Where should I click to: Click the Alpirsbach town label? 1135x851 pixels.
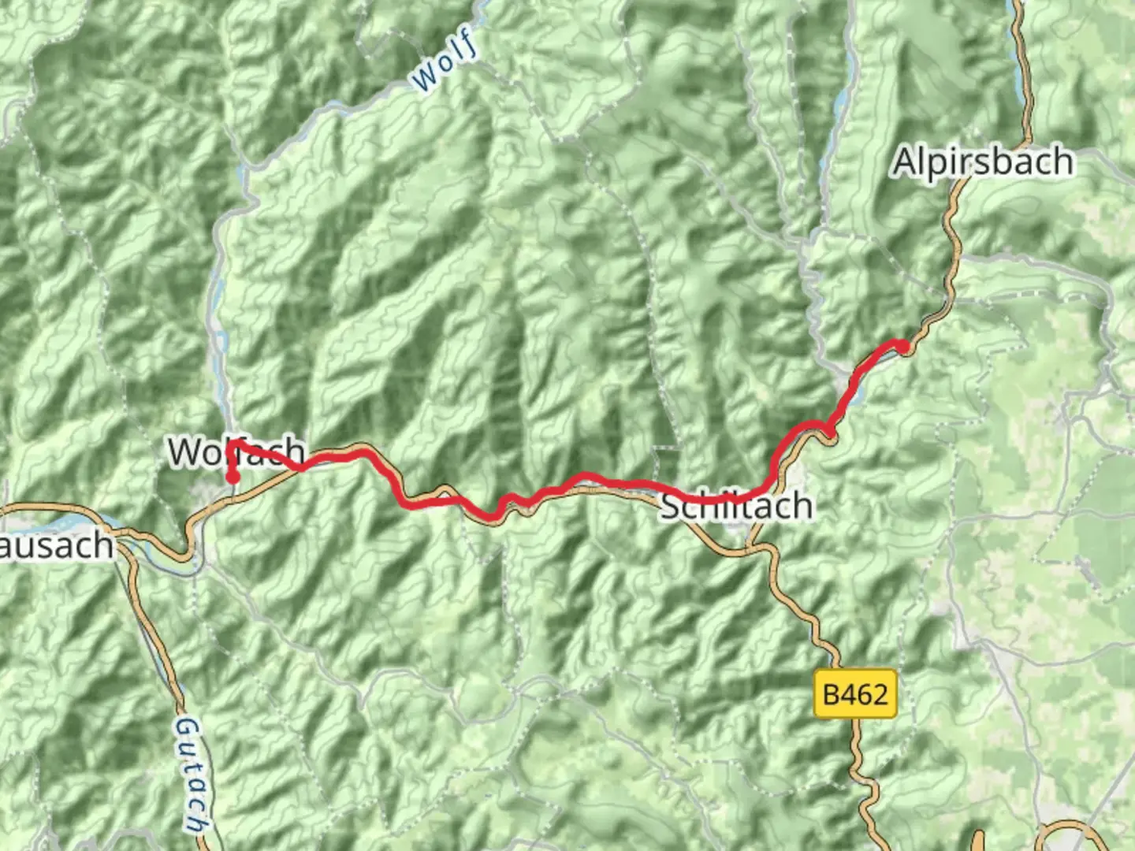pyautogui.click(x=982, y=162)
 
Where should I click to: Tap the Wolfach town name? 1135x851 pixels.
pyautogui.click(x=236, y=452)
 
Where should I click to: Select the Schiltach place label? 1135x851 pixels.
pyautogui.click(x=736, y=505)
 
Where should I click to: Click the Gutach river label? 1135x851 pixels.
pyautogui.click(x=190, y=774)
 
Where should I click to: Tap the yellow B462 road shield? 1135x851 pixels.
pyautogui.click(x=855, y=694)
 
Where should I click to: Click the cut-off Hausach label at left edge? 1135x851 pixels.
pyautogui.click(x=55, y=545)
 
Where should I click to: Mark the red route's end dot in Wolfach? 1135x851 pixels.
pyautogui.click(x=233, y=477)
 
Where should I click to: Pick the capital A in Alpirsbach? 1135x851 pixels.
pyautogui.click(x=904, y=162)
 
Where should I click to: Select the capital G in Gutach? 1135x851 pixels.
pyautogui.click(x=186, y=727)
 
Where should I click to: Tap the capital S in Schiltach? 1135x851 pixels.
pyautogui.click(x=671, y=505)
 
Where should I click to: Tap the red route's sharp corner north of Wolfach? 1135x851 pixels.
pyautogui.click(x=229, y=444)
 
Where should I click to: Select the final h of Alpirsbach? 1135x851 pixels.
pyautogui.click(x=1061, y=162)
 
